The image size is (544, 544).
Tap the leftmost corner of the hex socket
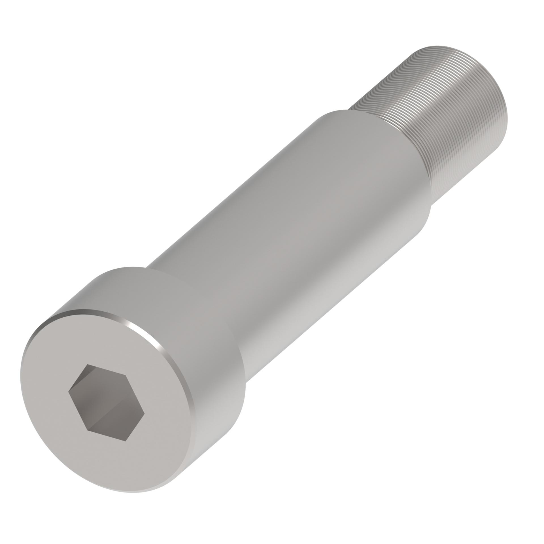click(69, 392)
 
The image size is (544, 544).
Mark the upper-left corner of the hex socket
click(88, 364)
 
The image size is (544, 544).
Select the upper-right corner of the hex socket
click(125, 375)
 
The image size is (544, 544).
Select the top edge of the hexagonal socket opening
click(107, 370)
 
